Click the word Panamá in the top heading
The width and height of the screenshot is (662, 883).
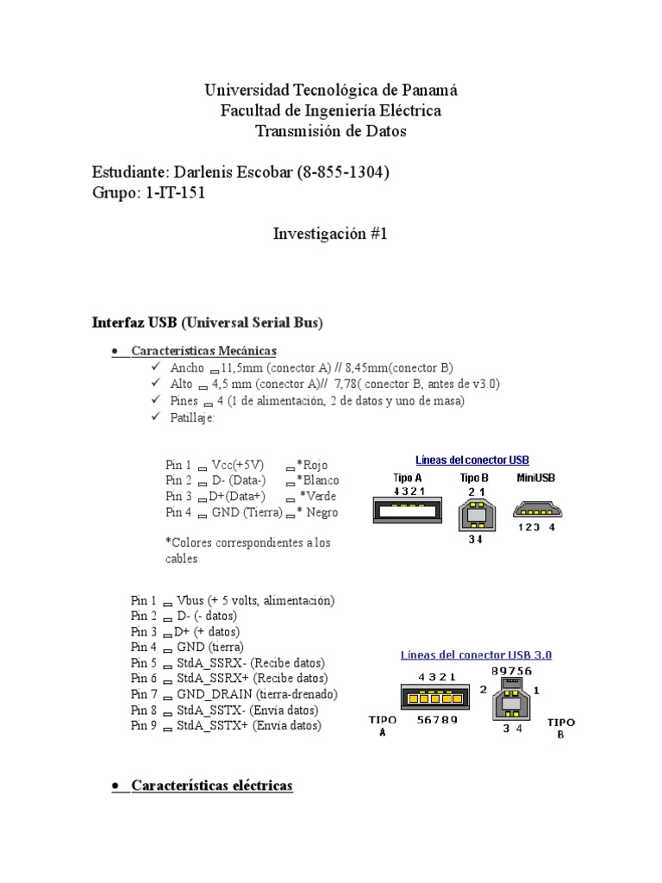[x=428, y=90]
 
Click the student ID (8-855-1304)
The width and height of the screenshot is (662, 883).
[x=343, y=172]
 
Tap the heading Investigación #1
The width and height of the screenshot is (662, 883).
[x=331, y=234]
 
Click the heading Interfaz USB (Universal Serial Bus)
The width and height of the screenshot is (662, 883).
[x=207, y=323]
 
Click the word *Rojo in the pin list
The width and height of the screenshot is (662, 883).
[x=316, y=464]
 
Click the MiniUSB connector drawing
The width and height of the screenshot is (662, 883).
[x=535, y=510]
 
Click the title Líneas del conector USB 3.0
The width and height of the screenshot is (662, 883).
[x=476, y=654]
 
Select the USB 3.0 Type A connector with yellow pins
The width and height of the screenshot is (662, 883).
[x=430, y=698]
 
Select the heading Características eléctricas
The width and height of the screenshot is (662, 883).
[x=212, y=786]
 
